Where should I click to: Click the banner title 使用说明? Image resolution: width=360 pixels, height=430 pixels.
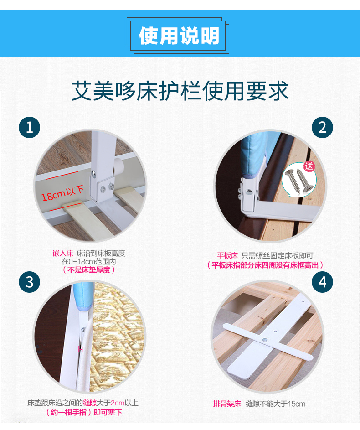(179, 36)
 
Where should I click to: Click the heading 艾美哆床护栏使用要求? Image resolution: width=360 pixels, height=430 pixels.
(180, 90)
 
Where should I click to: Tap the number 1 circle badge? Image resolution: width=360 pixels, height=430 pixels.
(29, 128)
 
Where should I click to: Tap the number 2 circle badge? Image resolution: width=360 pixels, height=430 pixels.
(323, 128)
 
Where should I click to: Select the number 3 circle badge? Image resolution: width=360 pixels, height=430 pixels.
(29, 282)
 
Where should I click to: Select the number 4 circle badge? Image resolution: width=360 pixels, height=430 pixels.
(323, 282)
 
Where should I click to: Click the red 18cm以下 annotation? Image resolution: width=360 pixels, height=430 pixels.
(62, 193)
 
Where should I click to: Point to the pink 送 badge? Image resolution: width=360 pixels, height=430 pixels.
(309, 166)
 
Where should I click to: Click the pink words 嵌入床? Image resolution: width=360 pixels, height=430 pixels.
(63, 254)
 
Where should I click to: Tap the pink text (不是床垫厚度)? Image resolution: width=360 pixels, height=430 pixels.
(88, 270)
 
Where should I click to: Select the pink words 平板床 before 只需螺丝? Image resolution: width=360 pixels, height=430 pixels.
(227, 256)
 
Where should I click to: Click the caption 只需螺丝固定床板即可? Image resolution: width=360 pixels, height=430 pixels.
(277, 256)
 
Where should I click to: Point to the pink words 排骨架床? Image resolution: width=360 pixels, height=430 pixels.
(227, 404)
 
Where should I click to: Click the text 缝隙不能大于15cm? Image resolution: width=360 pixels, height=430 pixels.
(275, 404)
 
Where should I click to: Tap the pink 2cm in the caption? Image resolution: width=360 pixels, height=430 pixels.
(117, 403)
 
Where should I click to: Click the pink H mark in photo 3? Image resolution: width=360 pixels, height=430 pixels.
(80, 349)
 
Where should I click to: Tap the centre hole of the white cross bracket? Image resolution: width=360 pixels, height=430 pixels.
(265, 340)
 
